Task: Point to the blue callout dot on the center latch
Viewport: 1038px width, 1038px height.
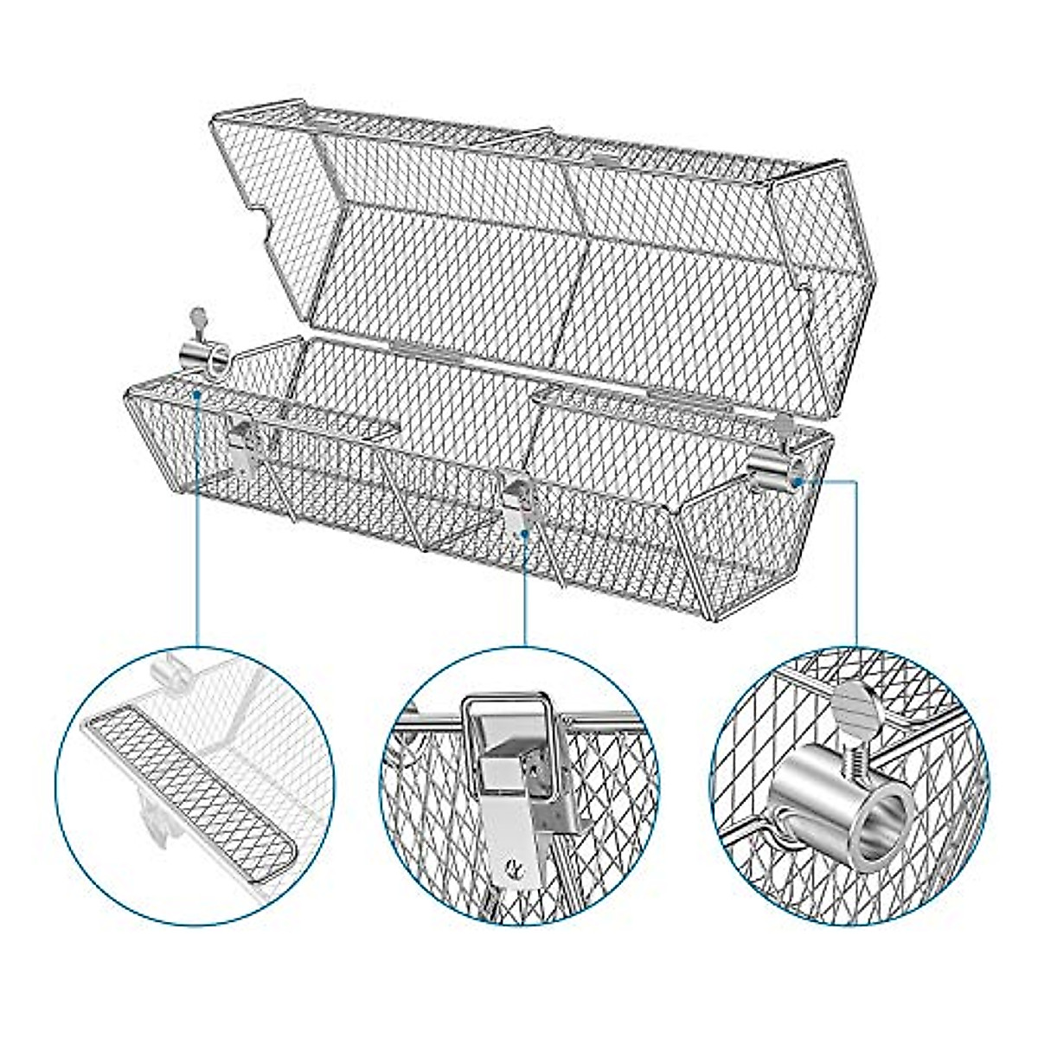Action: (x=525, y=534)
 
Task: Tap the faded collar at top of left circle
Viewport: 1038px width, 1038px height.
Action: (x=170, y=676)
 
